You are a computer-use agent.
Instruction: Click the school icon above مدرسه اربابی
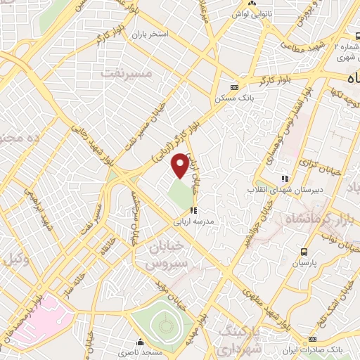[x=193, y=210]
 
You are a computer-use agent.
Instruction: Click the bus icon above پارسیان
[x=304, y=251]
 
